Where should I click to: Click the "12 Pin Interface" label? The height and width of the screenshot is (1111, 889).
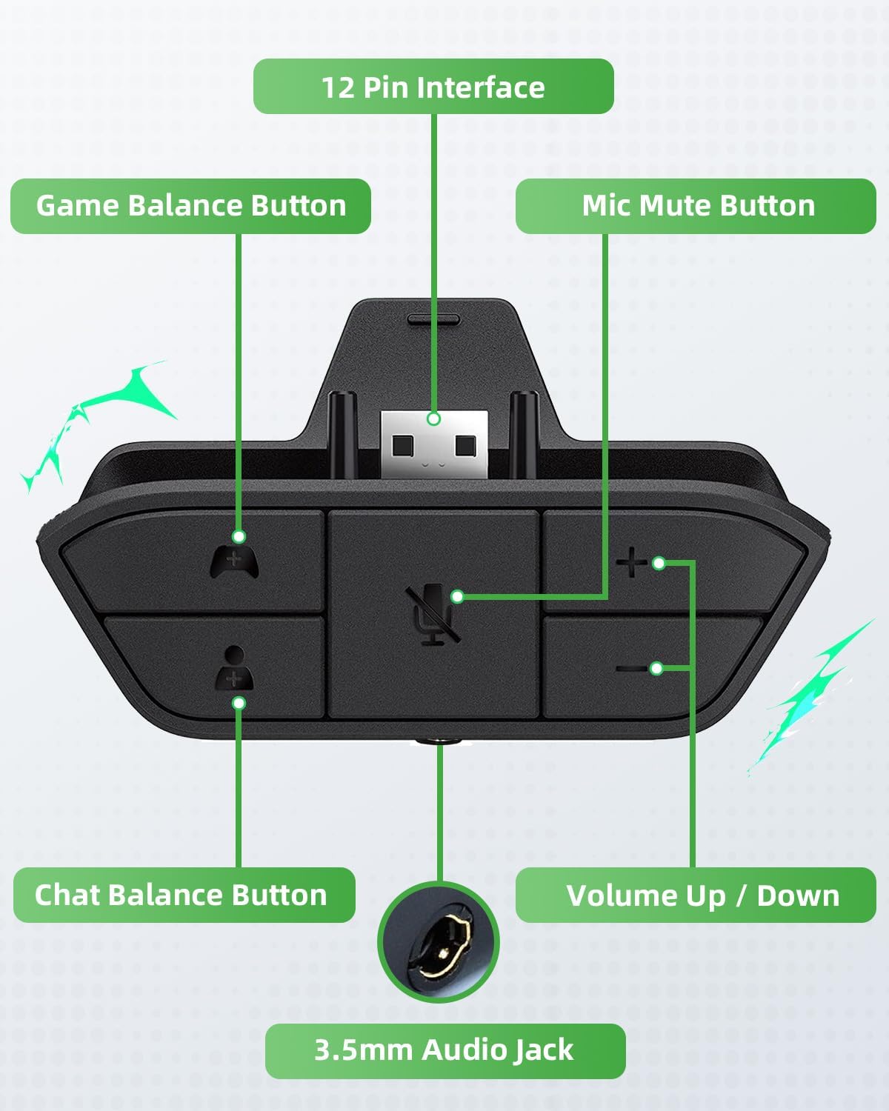coord(433,87)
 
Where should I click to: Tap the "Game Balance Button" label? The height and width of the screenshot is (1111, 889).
coord(191,206)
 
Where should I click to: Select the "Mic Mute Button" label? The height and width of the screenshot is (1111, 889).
coord(698,206)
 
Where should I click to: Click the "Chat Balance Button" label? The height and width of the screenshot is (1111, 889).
coord(182,895)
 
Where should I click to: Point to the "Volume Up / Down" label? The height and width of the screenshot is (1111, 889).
coord(702,895)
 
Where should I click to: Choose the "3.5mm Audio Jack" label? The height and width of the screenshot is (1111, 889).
coord(444,1050)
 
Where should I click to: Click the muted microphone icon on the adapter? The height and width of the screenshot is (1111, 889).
coord(433,613)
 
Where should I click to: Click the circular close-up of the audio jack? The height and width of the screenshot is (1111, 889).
coord(439,941)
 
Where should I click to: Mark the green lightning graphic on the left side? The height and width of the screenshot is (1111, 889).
coord(96,422)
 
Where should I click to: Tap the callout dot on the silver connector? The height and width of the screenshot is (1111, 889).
coord(434,418)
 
